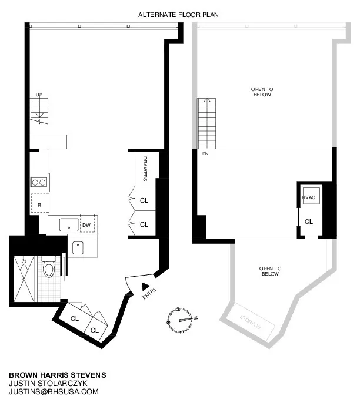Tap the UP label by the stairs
click(x=39, y=95)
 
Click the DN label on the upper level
click(x=205, y=154)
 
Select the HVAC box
click(x=310, y=197)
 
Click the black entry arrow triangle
click(x=145, y=286)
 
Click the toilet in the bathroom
click(x=49, y=269)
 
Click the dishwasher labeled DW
click(x=86, y=224)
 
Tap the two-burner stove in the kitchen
click(x=39, y=182)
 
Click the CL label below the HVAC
click(x=309, y=222)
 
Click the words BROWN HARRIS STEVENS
click(x=57, y=374)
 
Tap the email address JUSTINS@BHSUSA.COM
click(x=54, y=391)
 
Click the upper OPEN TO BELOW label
click(x=262, y=92)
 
